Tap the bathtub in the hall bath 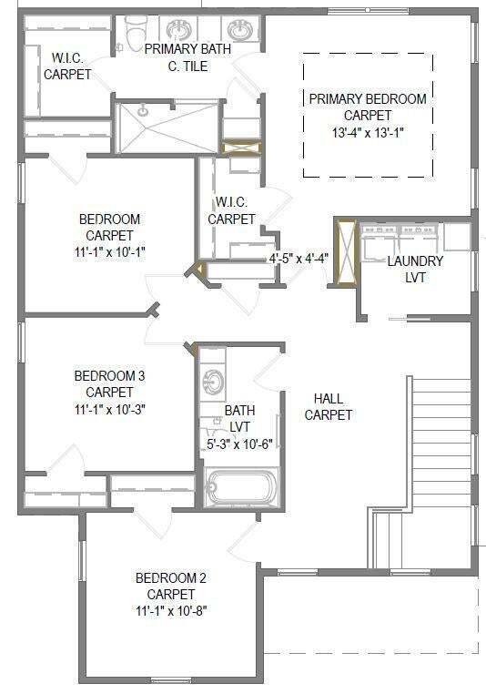(x=242, y=487)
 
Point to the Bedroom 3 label (x=109, y=376)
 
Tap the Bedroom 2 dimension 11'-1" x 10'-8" (x=172, y=611)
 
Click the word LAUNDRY (x=415, y=261)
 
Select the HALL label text (x=329, y=398)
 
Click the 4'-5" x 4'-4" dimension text (x=299, y=259)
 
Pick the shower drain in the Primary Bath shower (x=142, y=111)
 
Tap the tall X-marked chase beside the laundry (x=345, y=252)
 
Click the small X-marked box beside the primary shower (x=241, y=148)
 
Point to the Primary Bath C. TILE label (x=188, y=57)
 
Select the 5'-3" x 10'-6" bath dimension (x=239, y=444)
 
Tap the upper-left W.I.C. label (x=67, y=66)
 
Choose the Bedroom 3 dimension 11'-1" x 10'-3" (x=110, y=410)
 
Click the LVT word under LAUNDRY (x=415, y=278)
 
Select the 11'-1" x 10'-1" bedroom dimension (x=110, y=252)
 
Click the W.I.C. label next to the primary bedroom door (x=232, y=210)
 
